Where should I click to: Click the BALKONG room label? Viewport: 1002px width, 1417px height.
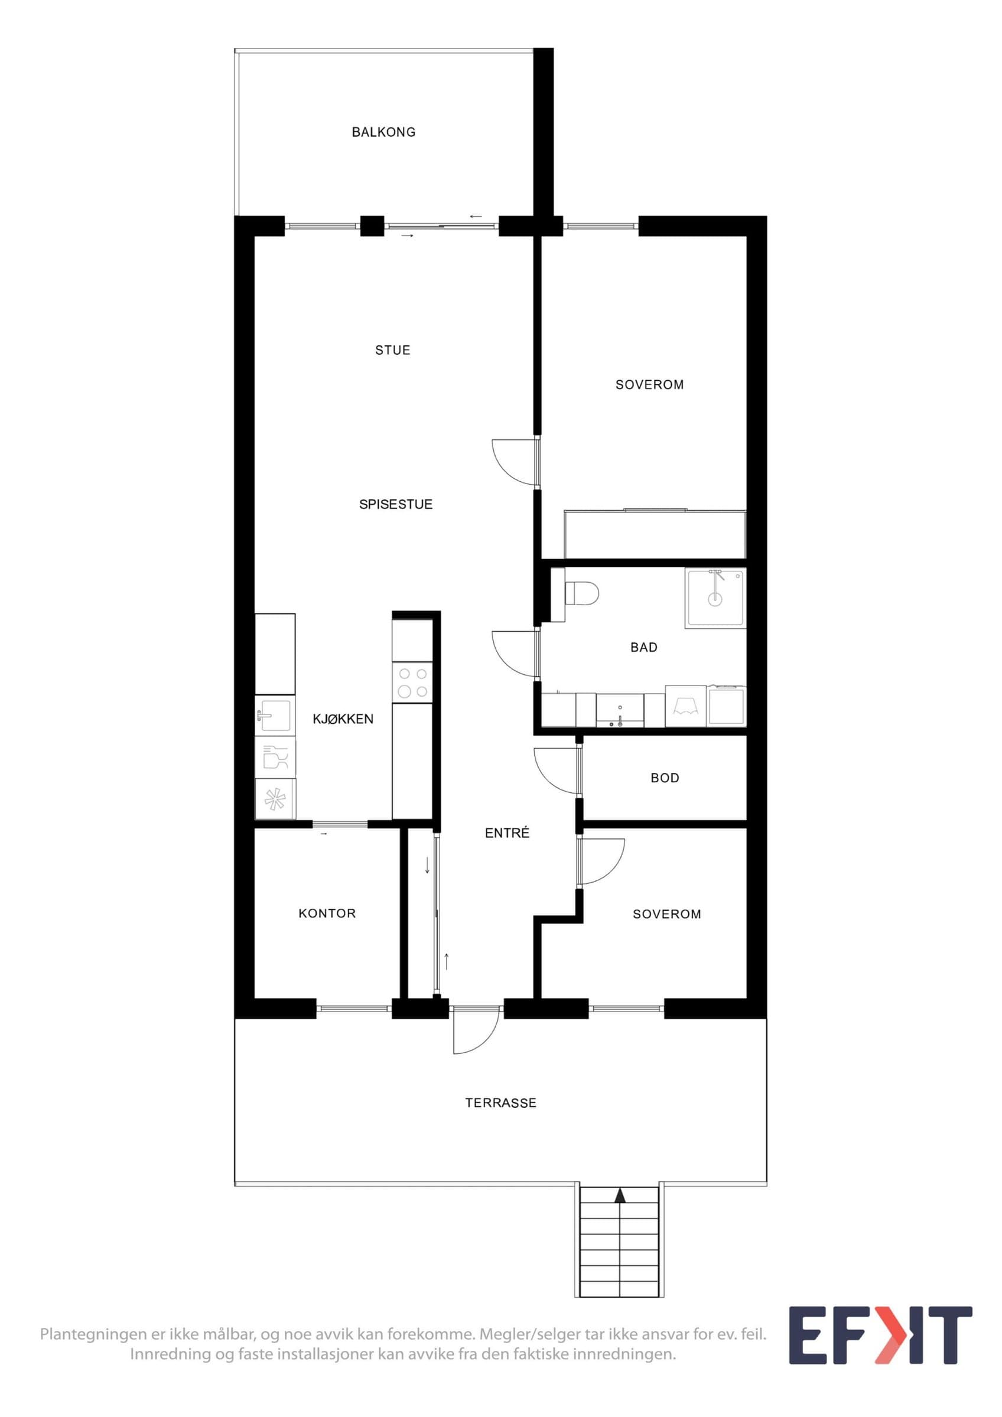point(383,132)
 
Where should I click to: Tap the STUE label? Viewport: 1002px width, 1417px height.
point(393,351)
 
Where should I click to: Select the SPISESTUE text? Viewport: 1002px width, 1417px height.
point(396,505)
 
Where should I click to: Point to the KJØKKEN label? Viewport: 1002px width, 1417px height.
point(343,719)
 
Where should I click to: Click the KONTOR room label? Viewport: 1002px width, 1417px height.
point(327,913)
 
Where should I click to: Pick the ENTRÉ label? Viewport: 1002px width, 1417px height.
point(507,832)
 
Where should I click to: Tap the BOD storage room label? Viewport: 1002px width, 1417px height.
point(665,778)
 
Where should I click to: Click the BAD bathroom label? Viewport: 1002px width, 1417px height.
point(644,648)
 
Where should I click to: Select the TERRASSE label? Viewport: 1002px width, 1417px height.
point(500,1103)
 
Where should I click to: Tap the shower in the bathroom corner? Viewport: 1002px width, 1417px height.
point(715,598)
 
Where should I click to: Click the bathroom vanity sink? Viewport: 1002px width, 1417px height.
point(620,710)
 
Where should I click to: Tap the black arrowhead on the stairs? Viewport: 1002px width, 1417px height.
point(620,1196)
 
